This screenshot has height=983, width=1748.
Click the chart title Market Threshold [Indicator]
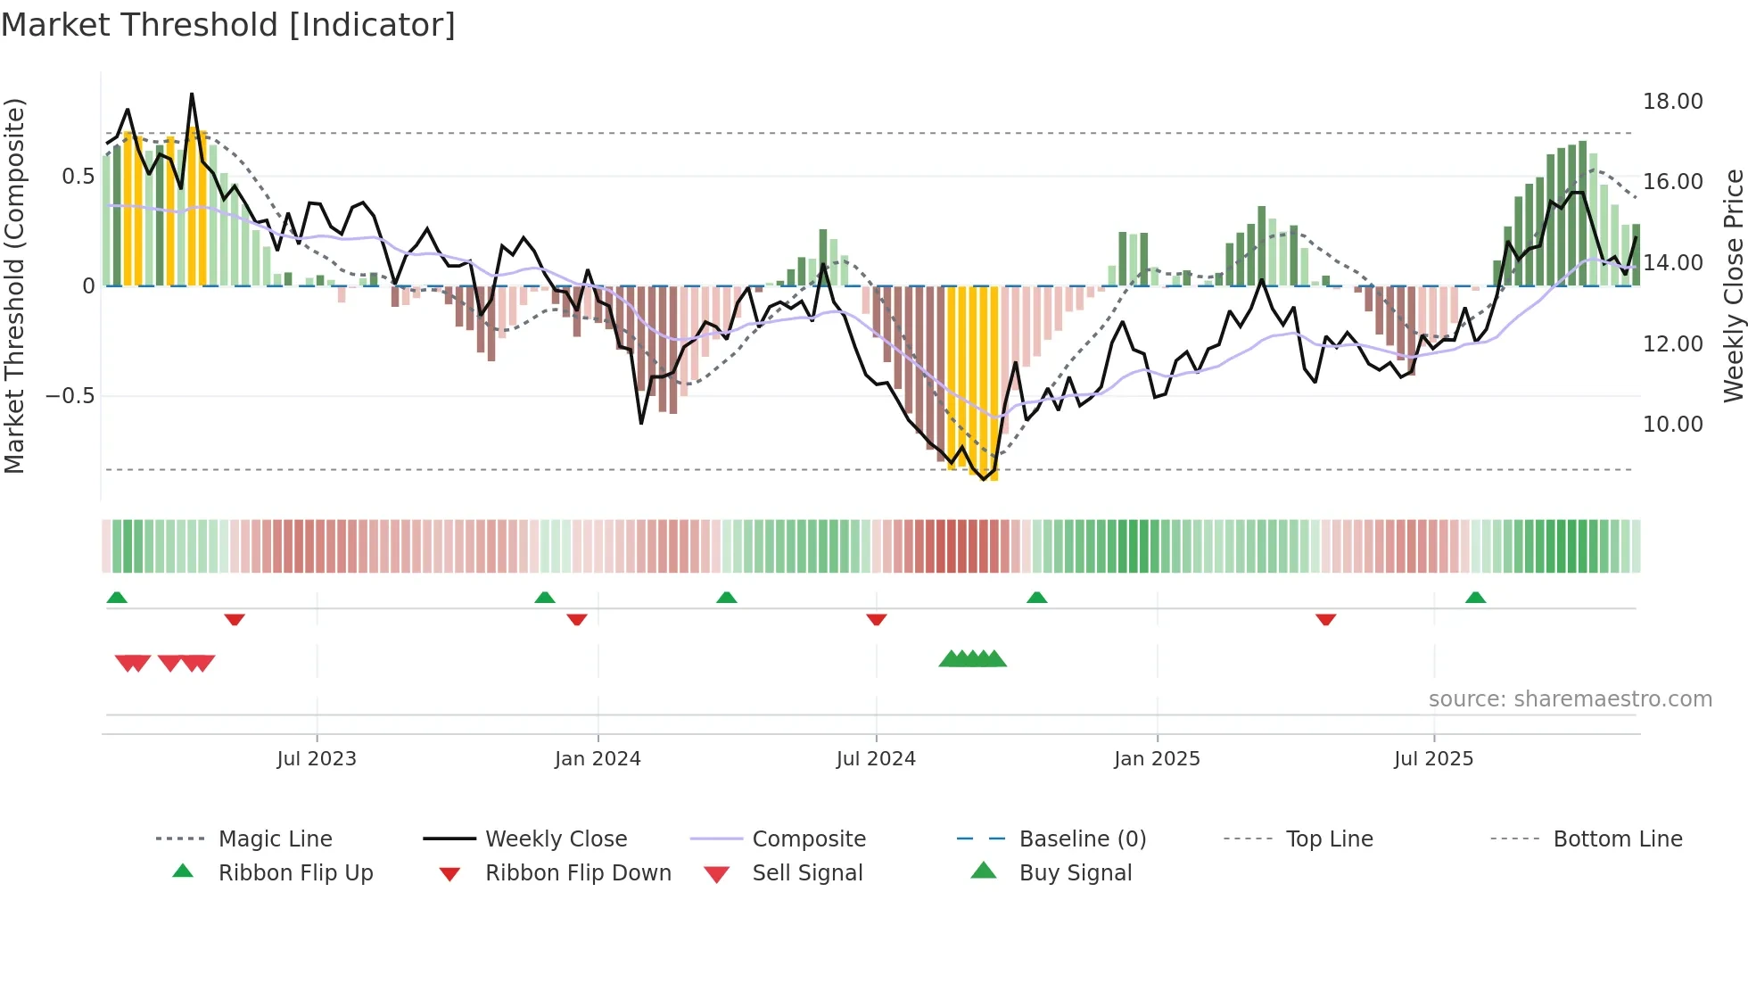click(228, 25)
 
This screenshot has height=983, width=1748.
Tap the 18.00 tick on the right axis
click(1672, 102)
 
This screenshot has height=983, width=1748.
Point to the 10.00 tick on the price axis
click(1672, 425)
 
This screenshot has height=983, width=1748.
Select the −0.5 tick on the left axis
click(70, 396)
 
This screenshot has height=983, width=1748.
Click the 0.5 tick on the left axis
click(78, 177)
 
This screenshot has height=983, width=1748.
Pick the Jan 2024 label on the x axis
click(598, 759)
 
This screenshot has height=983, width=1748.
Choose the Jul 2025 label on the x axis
click(1433, 759)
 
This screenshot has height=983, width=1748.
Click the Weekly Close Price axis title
click(1733, 285)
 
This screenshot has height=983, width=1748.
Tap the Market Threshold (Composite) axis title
click(14, 285)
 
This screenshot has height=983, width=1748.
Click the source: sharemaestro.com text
click(1570, 699)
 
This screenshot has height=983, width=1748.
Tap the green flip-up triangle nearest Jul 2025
click(1475, 598)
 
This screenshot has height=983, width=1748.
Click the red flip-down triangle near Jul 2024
click(877, 619)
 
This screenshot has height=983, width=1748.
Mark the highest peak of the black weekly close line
click(192, 95)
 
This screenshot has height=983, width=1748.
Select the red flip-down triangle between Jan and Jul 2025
click(1325, 619)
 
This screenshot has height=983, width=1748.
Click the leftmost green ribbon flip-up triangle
click(117, 598)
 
